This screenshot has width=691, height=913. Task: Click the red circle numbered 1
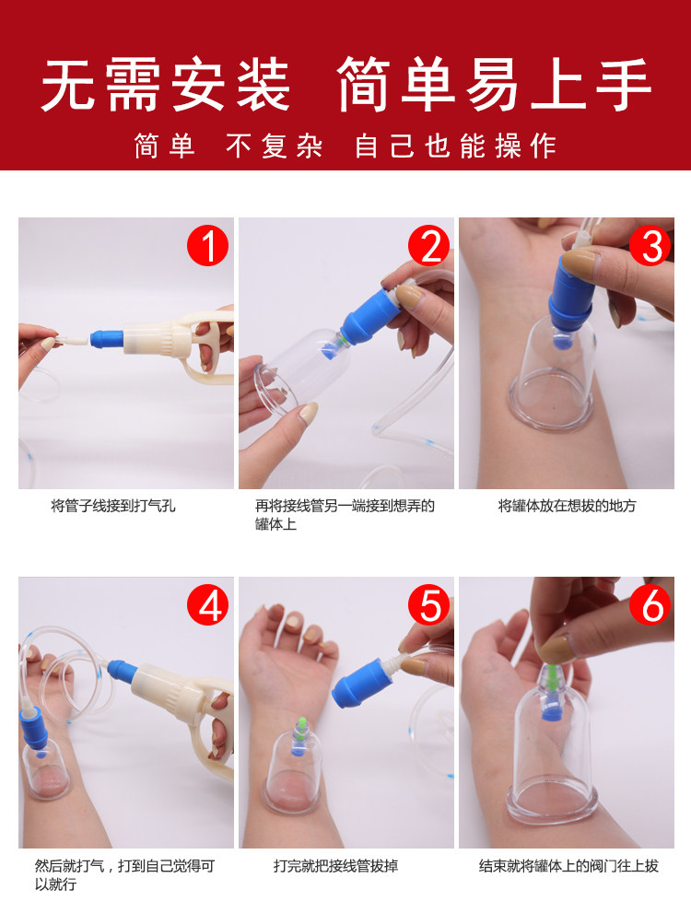click(x=207, y=246)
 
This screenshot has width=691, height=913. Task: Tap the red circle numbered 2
click(x=428, y=246)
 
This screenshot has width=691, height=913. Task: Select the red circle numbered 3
click(x=650, y=246)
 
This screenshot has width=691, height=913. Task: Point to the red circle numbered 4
click(x=207, y=605)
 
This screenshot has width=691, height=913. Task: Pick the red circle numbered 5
click(x=428, y=605)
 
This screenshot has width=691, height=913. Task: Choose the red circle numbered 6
click(x=650, y=605)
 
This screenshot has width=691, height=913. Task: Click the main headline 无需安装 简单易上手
click(x=345, y=85)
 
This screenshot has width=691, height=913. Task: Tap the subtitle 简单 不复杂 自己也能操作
click(x=345, y=146)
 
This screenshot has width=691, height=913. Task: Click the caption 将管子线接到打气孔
click(x=113, y=506)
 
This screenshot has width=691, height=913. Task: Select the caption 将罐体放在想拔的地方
click(x=567, y=506)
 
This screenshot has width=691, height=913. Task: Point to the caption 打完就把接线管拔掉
click(x=336, y=866)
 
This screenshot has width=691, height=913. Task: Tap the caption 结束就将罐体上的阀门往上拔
click(x=568, y=866)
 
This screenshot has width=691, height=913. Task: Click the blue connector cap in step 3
click(x=569, y=293)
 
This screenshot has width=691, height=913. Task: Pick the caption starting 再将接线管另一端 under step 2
click(x=345, y=515)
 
